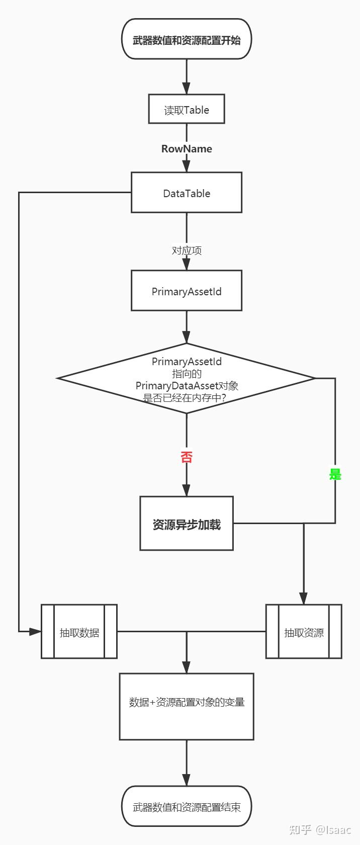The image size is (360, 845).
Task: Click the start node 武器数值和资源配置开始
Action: (x=187, y=39)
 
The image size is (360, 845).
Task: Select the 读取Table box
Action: (x=187, y=109)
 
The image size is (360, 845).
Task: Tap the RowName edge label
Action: (x=187, y=149)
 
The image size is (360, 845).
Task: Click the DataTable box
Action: (x=187, y=193)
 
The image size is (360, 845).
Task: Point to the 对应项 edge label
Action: (x=187, y=250)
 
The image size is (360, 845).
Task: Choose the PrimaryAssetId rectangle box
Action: (x=187, y=291)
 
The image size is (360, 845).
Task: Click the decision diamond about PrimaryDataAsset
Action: (x=187, y=379)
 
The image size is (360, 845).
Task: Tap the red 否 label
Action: (x=187, y=457)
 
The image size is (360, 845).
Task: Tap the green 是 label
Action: (x=335, y=474)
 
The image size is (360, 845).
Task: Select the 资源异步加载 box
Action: (x=187, y=524)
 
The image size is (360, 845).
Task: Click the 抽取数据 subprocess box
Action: (x=79, y=632)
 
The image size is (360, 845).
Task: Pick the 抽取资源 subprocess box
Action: (x=304, y=632)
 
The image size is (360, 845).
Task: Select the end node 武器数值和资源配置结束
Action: (x=187, y=806)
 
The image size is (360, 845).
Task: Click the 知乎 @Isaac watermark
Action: (x=320, y=829)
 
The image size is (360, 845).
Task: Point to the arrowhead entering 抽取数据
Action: (x=35, y=631)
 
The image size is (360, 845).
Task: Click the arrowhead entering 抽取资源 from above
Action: (x=304, y=598)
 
